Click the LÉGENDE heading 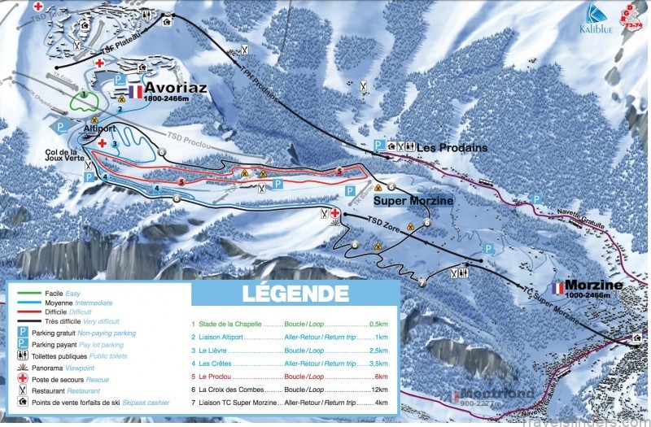295,293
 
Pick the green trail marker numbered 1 84,95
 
